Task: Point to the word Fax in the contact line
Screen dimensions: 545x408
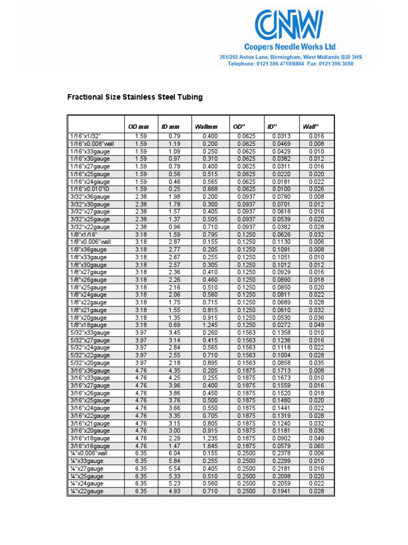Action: tap(310, 64)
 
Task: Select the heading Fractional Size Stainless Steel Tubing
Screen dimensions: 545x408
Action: tap(134, 97)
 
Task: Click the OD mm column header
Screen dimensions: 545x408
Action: tap(139, 127)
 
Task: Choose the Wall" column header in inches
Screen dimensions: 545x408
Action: tap(310, 127)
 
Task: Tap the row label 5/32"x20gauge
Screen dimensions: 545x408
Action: tap(90, 362)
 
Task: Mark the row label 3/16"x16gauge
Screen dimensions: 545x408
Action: tap(90, 446)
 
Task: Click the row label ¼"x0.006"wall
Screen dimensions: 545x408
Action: tap(89, 453)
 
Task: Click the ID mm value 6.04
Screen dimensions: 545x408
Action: tap(175, 453)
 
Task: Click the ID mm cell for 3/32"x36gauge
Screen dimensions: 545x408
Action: tap(175, 196)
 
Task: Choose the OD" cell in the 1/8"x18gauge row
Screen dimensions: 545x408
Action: tap(245, 325)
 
